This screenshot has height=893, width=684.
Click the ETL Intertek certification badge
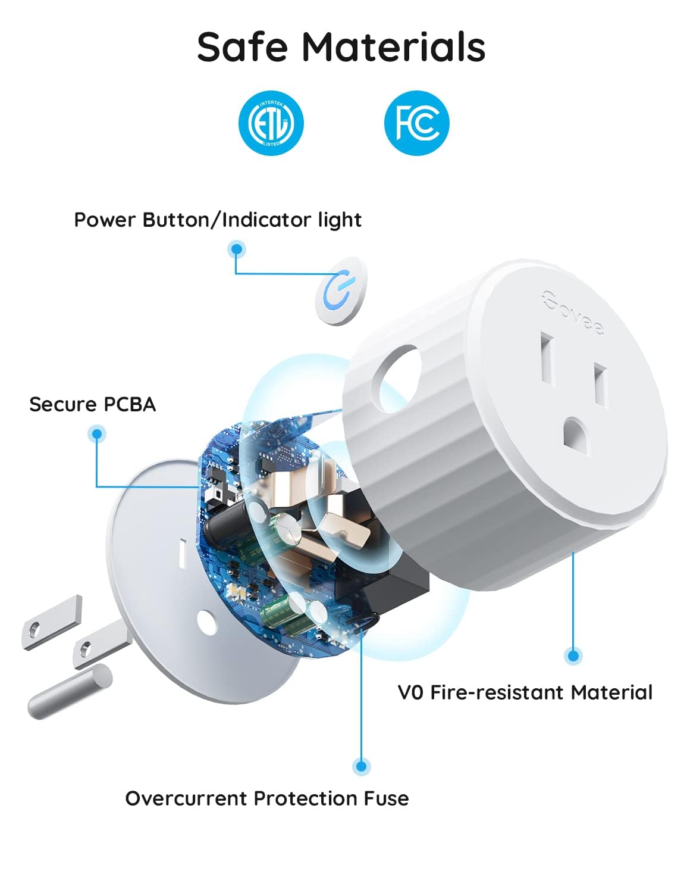tap(271, 123)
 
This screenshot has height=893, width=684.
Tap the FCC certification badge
tap(416, 123)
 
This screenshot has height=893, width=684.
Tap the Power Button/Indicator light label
tap(218, 220)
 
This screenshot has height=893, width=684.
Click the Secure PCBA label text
tap(93, 404)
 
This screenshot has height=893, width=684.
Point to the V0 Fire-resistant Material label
tap(525, 692)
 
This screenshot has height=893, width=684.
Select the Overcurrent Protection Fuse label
tap(267, 798)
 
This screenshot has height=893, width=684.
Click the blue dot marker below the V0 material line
tap(573, 656)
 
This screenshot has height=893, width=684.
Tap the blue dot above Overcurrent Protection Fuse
tap(360, 766)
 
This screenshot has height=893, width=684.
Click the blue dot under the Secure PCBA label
tap(96, 433)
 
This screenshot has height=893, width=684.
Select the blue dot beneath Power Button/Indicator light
tap(237, 249)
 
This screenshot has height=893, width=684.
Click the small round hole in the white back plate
tap(206, 622)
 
